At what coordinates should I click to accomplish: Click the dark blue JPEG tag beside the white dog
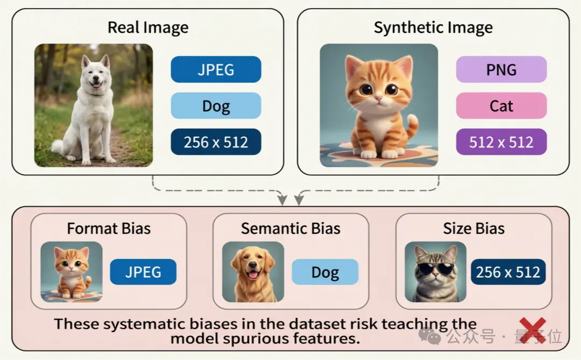click(216, 69)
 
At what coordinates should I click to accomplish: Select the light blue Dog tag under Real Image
click(216, 105)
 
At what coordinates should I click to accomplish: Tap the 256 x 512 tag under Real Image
click(216, 142)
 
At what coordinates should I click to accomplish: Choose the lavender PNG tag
click(501, 69)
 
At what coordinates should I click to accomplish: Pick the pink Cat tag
click(501, 105)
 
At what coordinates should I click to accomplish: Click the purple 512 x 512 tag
click(501, 142)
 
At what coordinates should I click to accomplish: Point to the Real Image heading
click(148, 27)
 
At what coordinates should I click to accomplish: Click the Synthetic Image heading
click(433, 27)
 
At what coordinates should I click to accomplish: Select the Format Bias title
click(109, 228)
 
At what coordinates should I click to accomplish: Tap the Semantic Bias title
click(290, 228)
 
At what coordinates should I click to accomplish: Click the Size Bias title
click(473, 228)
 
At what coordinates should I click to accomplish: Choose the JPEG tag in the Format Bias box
click(143, 272)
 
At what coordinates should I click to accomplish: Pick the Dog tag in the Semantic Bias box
click(325, 272)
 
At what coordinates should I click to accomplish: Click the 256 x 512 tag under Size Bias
click(508, 272)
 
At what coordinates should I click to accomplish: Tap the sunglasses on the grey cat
click(436, 268)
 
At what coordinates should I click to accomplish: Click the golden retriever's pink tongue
click(253, 274)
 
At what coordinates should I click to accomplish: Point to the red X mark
click(533, 330)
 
